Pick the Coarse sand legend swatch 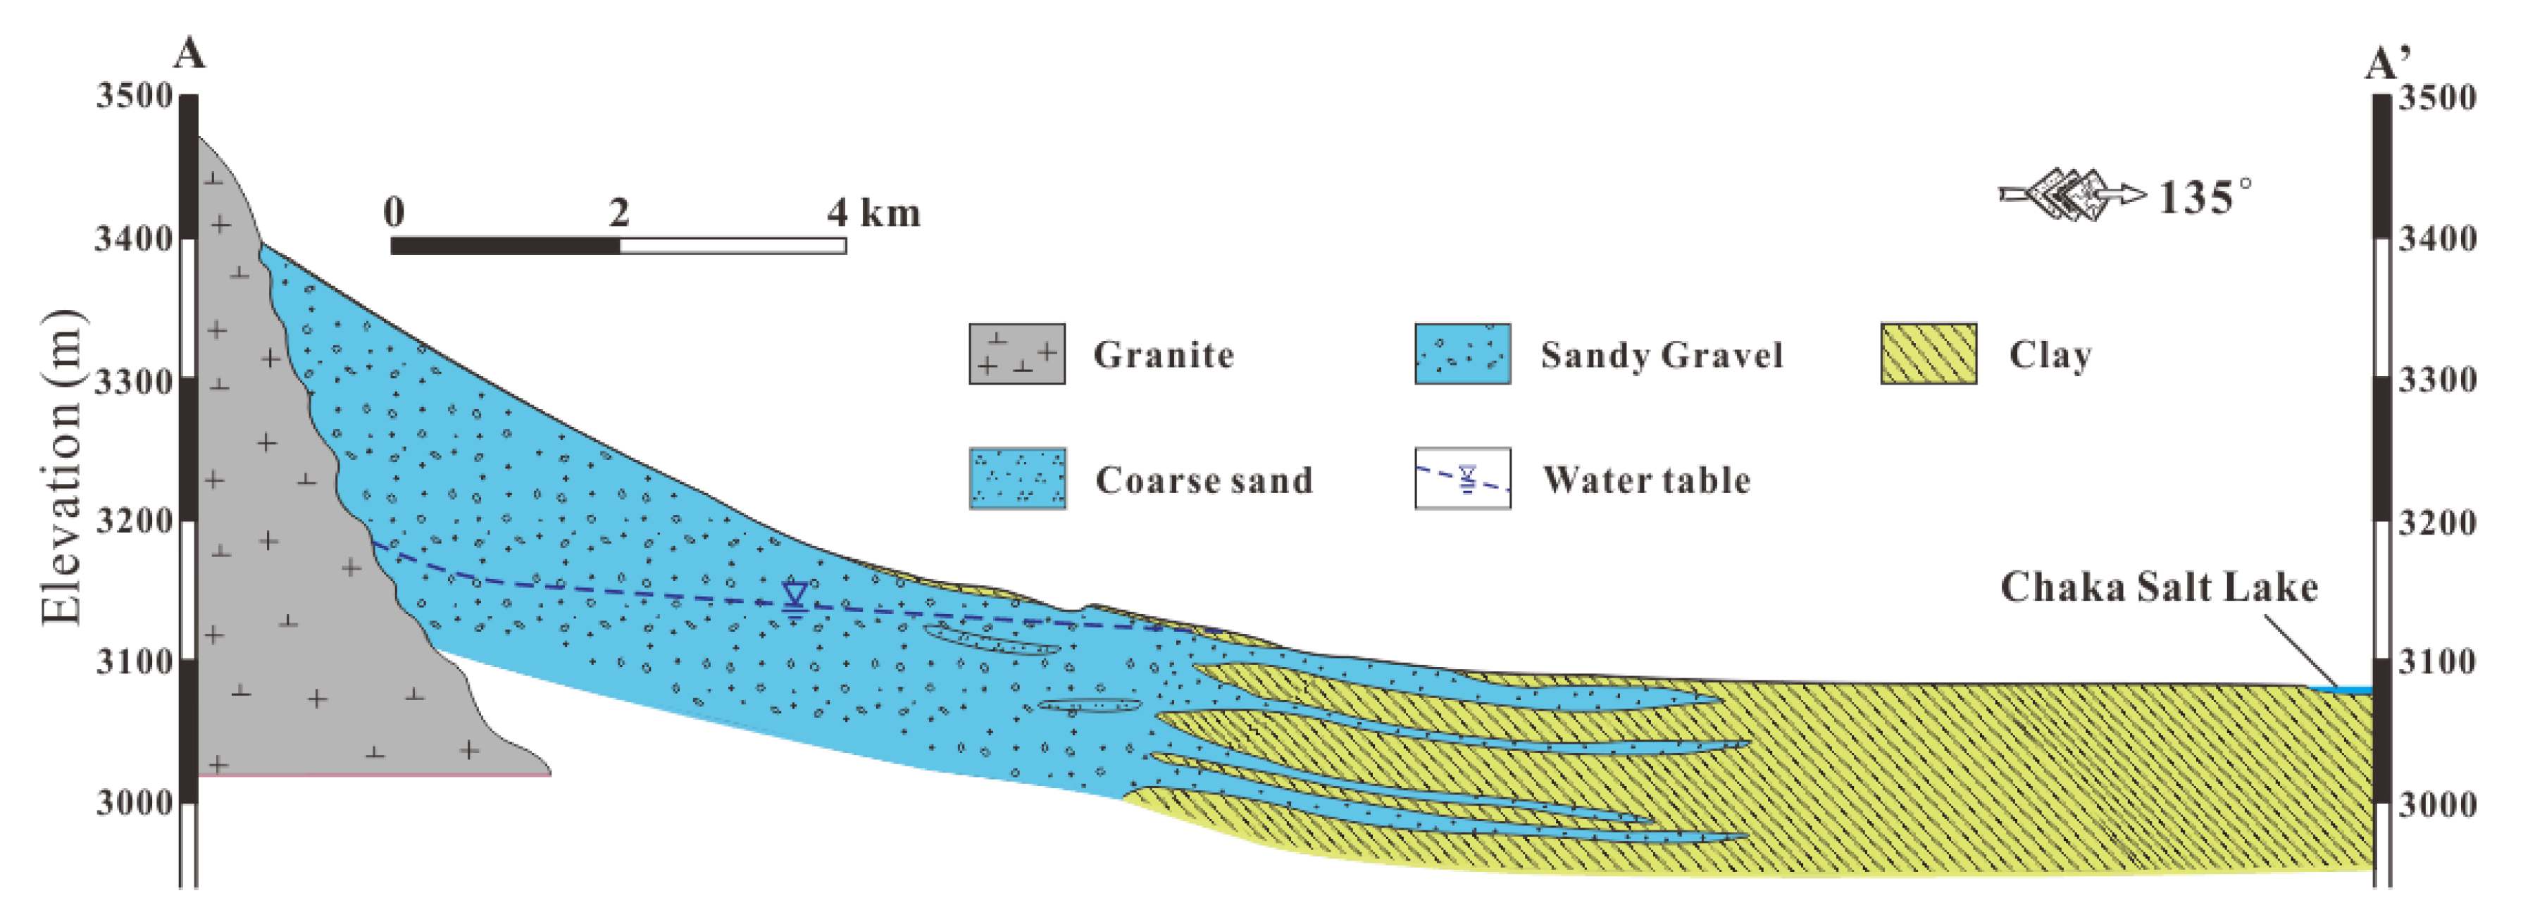[1016, 479]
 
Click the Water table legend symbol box [1462, 479]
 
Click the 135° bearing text [2204, 197]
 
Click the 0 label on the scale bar [394, 211]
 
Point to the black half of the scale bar [506, 246]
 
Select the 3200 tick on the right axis [2437, 521]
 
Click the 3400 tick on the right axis [2437, 238]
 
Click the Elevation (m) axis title [61, 468]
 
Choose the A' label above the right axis [2388, 65]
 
